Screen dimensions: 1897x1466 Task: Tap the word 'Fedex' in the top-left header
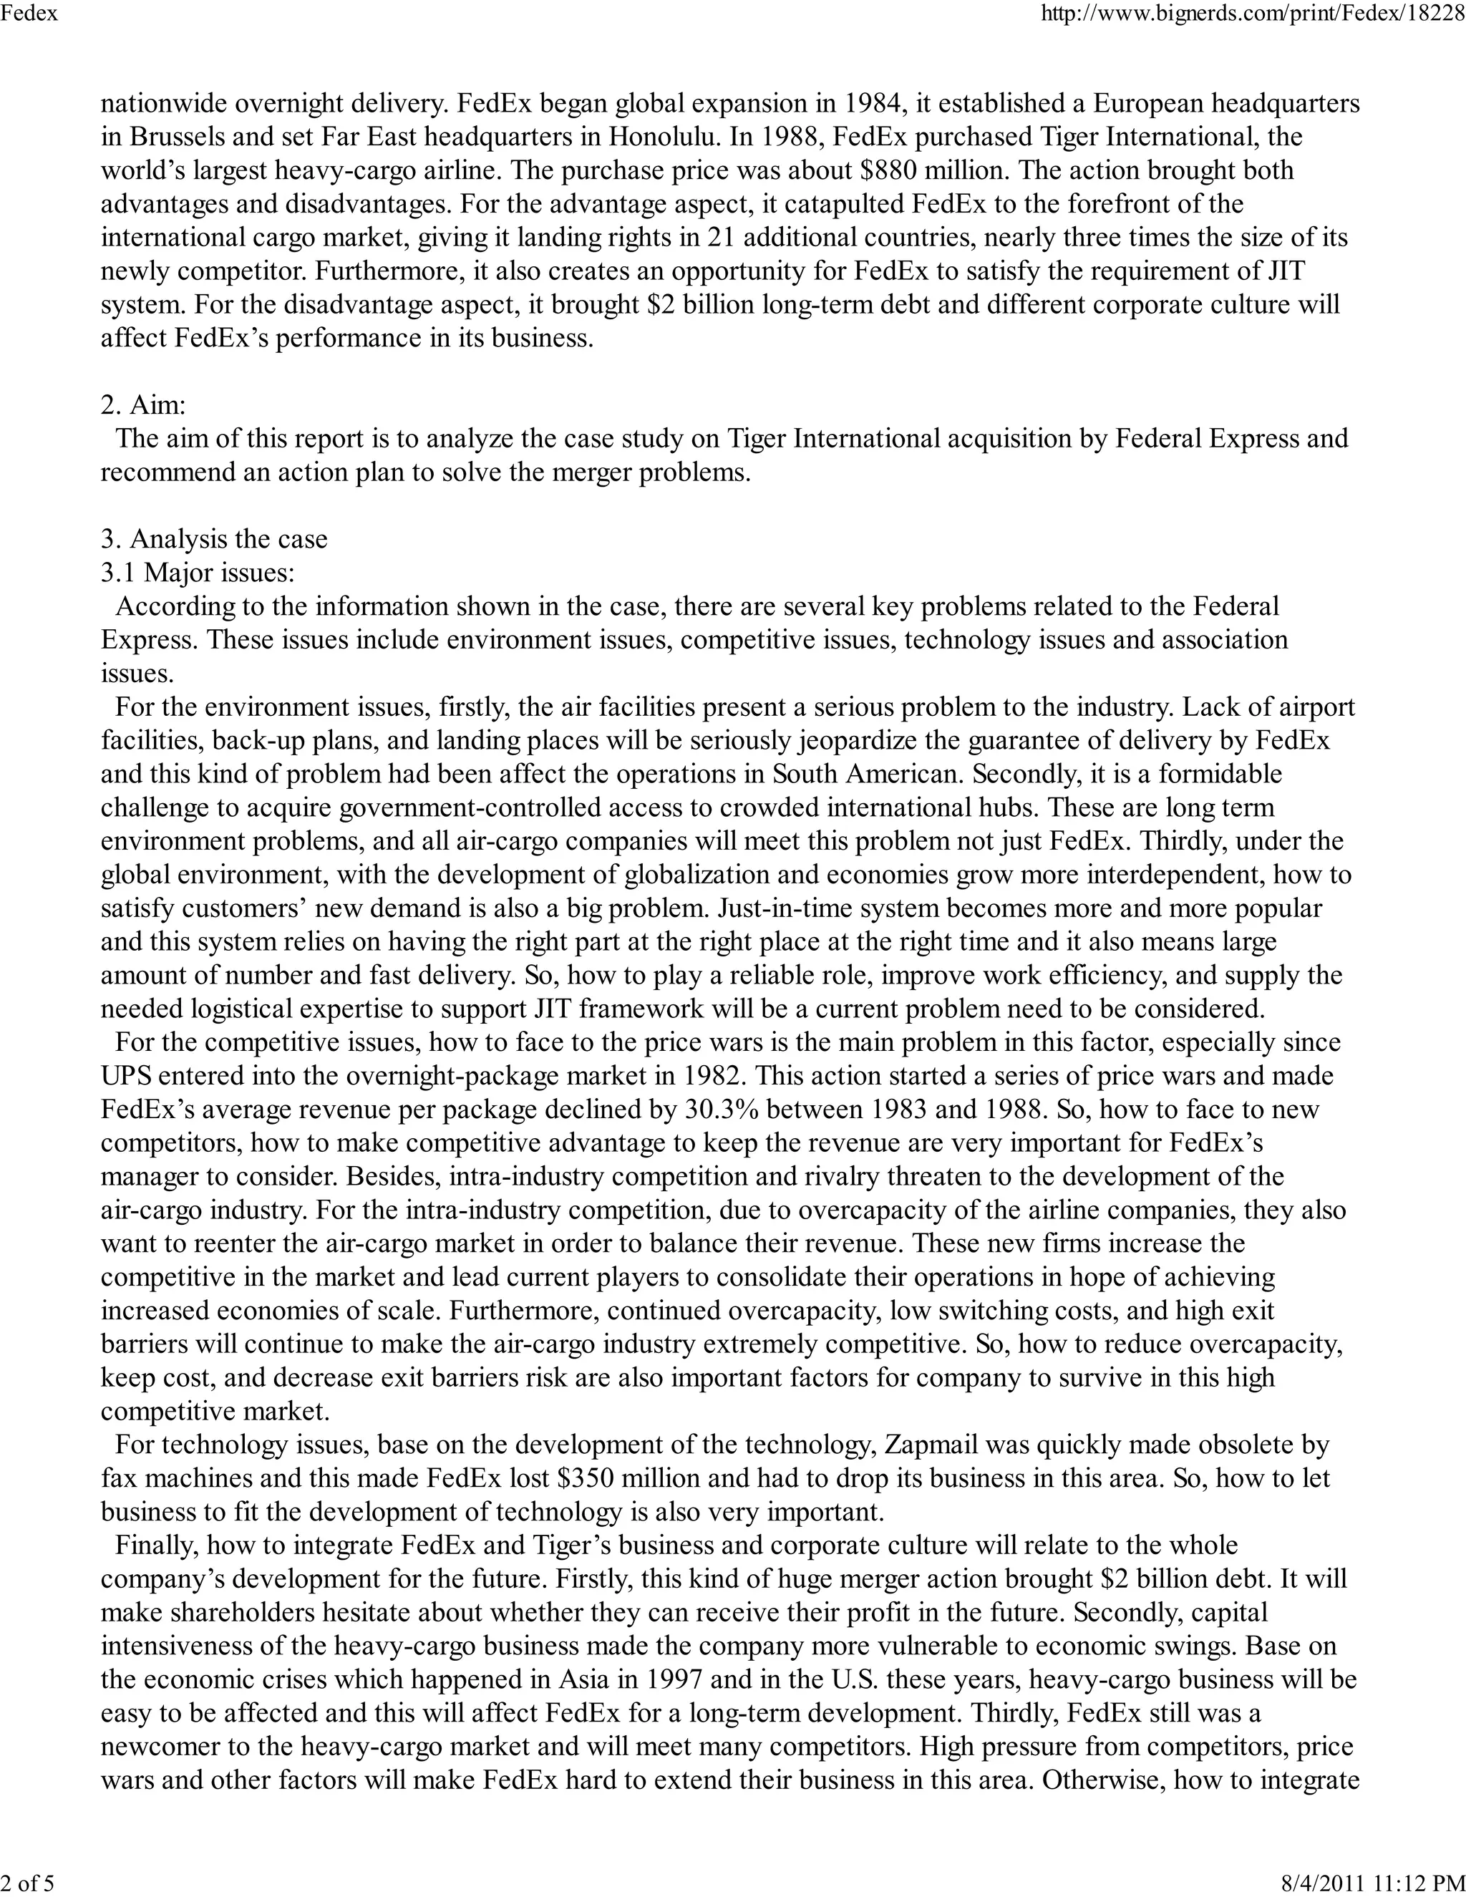29,15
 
